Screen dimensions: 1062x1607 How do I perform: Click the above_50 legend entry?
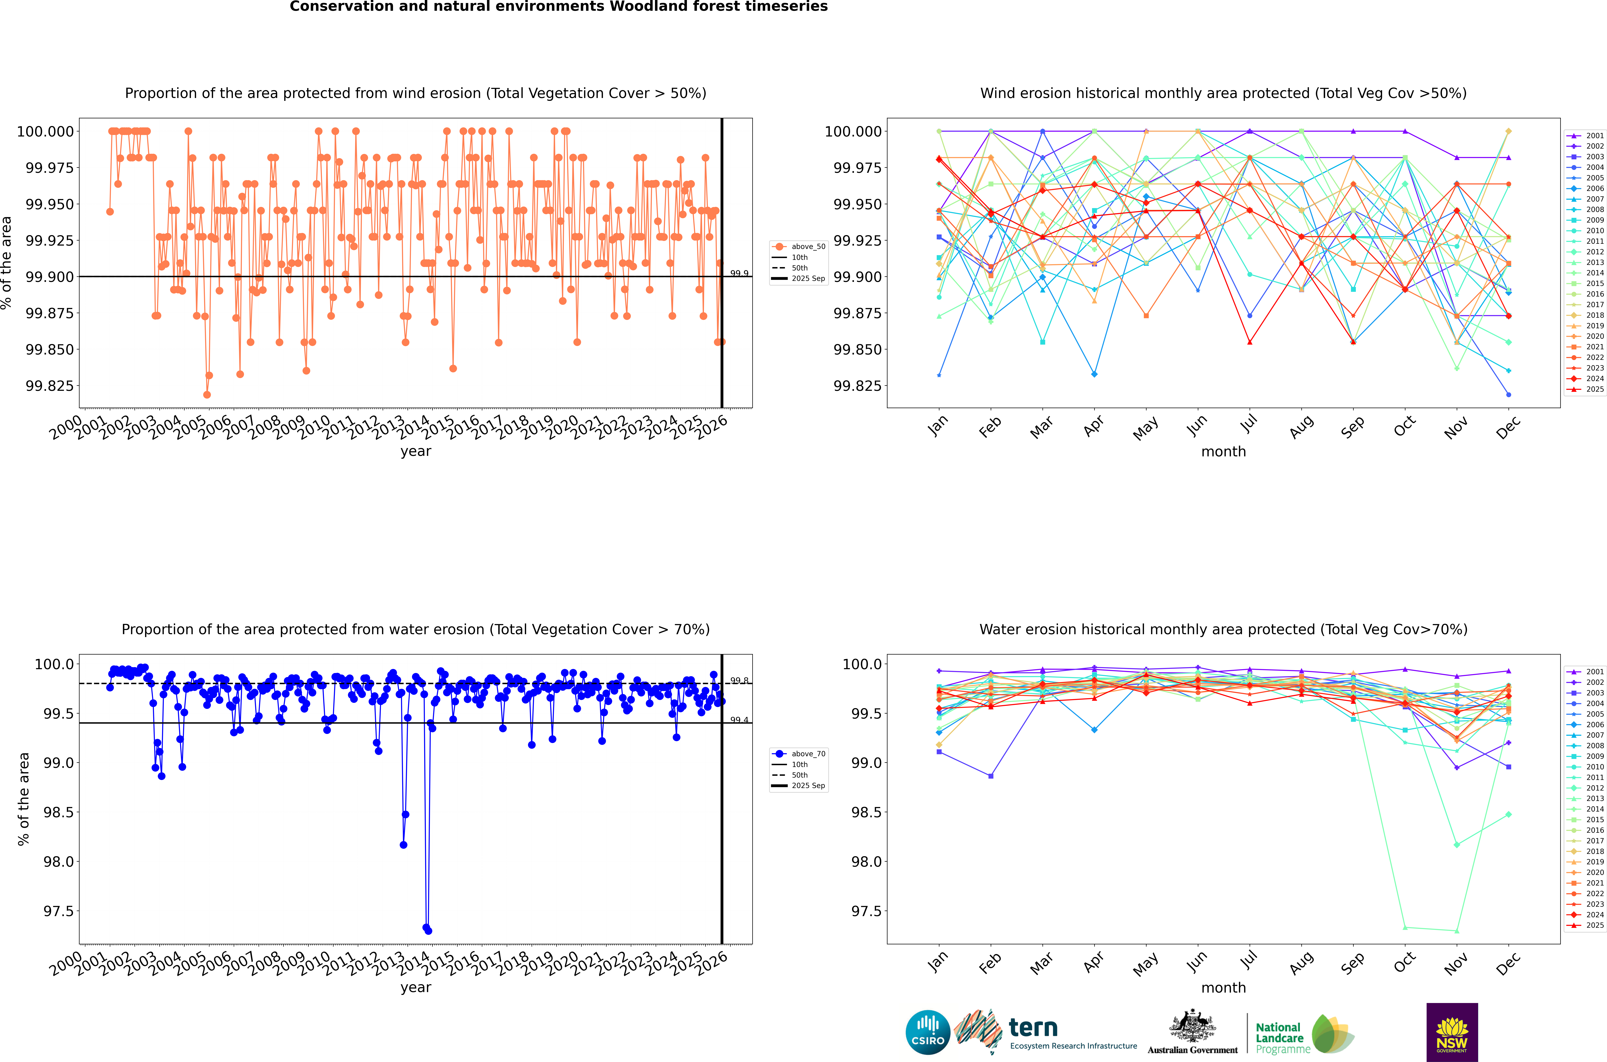(x=808, y=247)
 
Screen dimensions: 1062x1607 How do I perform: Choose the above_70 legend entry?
(x=808, y=754)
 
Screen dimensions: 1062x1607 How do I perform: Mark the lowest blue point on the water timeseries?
(x=428, y=931)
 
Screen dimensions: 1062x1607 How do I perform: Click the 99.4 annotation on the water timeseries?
(x=739, y=720)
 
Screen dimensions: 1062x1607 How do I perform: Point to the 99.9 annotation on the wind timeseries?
(x=739, y=274)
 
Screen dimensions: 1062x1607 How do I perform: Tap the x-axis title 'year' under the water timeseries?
(x=415, y=988)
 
